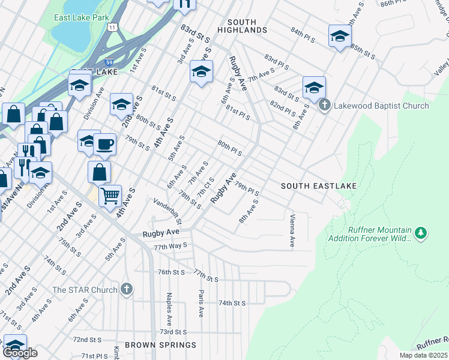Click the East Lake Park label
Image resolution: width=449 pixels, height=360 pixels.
81,18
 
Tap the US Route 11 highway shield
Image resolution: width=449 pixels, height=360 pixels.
112,27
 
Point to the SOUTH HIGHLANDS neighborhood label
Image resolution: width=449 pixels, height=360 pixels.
242,26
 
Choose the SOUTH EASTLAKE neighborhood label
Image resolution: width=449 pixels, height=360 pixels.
319,186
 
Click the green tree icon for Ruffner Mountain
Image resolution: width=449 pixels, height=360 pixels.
421,232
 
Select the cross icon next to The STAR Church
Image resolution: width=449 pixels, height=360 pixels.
126,290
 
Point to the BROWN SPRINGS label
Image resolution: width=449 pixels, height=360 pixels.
160,345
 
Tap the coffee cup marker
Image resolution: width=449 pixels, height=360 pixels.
105,145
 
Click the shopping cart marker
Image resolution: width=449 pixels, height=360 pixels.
110,196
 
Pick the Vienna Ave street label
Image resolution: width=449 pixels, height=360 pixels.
292,231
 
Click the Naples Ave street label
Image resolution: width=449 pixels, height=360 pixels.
170,305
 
